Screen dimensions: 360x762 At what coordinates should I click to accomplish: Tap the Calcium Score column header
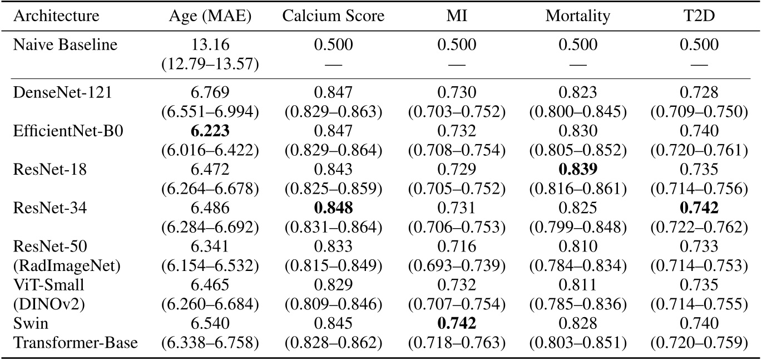point(333,16)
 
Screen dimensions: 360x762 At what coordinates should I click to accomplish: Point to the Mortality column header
point(578,16)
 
